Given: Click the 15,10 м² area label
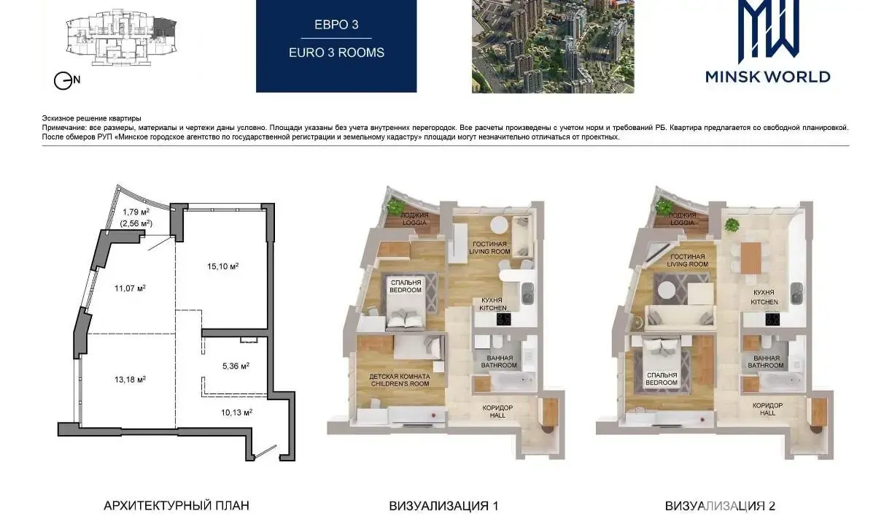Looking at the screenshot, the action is pyautogui.click(x=222, y=266).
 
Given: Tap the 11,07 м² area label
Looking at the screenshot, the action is pyautogui.click(x=130, y=288).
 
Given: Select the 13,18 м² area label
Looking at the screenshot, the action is pyautogui.click(x=130, y=380).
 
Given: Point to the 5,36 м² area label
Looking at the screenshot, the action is pyautogui.click(x=236, y=366).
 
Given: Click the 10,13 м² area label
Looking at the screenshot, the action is pyautogui.click(x=236, y=412).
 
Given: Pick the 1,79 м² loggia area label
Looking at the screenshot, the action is pyautogui.click(x=136, y=212).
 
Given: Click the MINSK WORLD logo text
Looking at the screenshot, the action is pyautogui.click(x=768, y=77).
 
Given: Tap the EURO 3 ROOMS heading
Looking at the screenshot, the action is pyautogui.click(x=336, y=53).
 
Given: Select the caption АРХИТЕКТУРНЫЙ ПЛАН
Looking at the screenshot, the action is pyautogui.click(x=177, y=506).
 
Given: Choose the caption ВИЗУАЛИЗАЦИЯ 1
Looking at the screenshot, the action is pyautogui.click(x=443, y=506).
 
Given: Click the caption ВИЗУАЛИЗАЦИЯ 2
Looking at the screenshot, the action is pyautogui.click(x=720, y=506).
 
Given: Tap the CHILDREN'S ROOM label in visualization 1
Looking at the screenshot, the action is pyautogui.click(x=400, y=384).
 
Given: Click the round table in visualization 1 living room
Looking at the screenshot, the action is pyautogui.click(x=499, y=225).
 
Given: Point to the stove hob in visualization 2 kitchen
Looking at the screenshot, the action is pyautogui.click(x=772, y=319).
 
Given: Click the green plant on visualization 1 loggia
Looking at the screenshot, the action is pyautogui.click(x=395, y=206).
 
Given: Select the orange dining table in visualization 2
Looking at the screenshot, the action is pyautogui.click(x=751, y=258).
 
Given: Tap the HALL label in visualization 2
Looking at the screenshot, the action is pyautogui.click(x=767, y=413).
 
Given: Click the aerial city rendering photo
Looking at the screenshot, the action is pyautogui.click(x=553, y=47).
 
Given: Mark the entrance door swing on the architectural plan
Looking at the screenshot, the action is pyautogui.click(x=266, y=453).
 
